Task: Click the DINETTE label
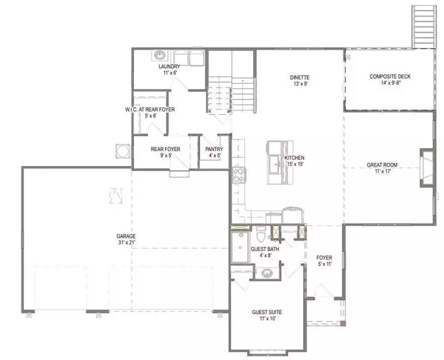click(x=300, y=77)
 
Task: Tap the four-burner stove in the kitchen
click(x=239, y=176)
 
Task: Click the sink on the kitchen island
click(x=273, y=164)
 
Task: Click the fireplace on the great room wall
click(x=427, y=165)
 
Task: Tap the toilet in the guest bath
click(x=262, y=236)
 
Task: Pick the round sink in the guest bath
click(x=263, y=273)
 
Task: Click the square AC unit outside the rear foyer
click(x=118, y=150)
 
